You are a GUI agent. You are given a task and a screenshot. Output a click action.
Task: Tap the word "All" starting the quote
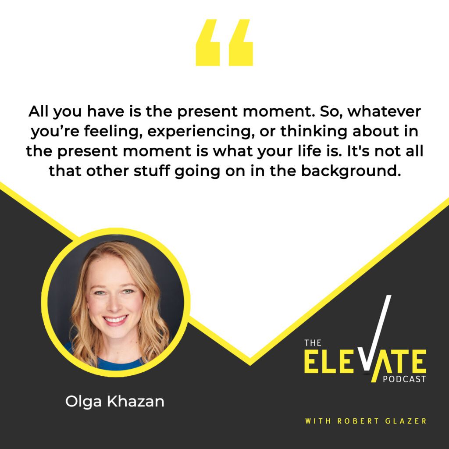[38, 112]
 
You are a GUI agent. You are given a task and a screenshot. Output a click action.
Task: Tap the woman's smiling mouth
[115, 320]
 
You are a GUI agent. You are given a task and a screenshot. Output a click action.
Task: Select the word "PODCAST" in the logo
[404, 379]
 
